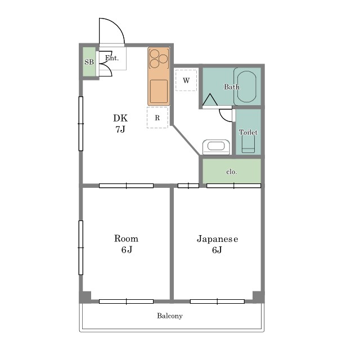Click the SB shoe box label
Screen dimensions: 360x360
(x=89, y=62)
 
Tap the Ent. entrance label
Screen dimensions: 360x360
(x=112, y=58)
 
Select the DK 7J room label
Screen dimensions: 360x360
(x=120, y=124)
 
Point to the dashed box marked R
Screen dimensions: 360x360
(x=157, y=118)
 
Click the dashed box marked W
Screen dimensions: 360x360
(x=186, y=80)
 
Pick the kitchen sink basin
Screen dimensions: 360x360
(x=159, y=91)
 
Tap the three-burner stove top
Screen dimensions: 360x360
(x=159, y=58)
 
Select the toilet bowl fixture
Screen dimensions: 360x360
(x=248, y=144)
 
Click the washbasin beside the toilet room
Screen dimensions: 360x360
(x=216, y=147)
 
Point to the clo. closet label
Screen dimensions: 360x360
(x=231, y=172)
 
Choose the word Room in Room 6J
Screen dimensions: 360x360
(x=126, y=238)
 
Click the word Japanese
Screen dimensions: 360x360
(x=217, y=239)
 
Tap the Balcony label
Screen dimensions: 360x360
(x=170, y=316)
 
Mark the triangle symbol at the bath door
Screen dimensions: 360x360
(x=210, y=100)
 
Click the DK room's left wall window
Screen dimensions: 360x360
(x=81, y=124)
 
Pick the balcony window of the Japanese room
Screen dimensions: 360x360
(x=217, y=301)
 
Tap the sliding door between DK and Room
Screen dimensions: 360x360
(x=126, y=186)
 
